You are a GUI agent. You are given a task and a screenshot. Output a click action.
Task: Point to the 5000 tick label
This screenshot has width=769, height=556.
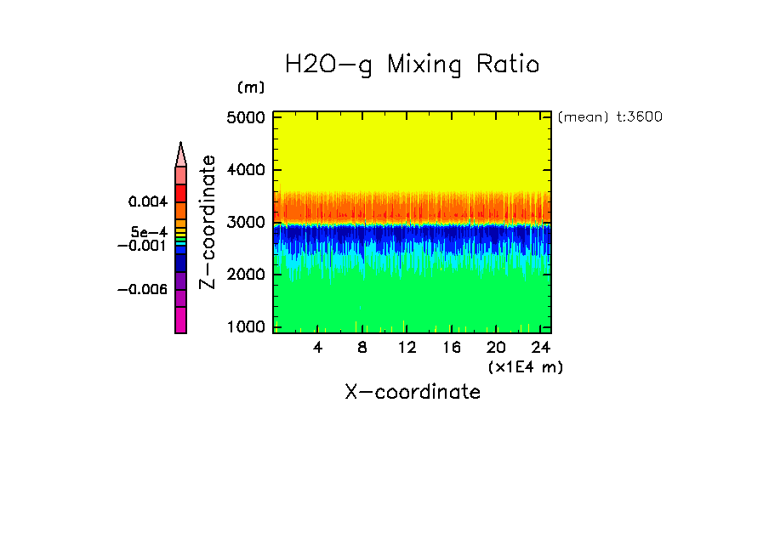[x=246, y=117]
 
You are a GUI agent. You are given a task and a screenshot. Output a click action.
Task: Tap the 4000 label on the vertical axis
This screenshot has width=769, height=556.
[x=246, y=170]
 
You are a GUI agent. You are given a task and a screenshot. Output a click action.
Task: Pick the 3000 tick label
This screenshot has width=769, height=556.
[x=246, y=223]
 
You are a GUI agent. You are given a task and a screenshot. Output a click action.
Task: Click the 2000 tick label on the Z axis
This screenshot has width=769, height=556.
[x=246, y=275]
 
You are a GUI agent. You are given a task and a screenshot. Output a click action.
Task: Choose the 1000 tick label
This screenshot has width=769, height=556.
[x=246, y=327]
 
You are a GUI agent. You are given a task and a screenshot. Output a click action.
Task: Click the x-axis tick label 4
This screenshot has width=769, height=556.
[x=318, y=348]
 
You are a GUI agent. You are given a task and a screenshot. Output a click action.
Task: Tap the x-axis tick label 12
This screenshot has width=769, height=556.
[x=407, y=348]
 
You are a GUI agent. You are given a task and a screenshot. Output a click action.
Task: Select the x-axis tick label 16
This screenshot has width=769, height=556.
[x=451, y=348]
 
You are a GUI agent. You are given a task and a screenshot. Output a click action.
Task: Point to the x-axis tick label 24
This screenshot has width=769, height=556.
[x=539, y=348]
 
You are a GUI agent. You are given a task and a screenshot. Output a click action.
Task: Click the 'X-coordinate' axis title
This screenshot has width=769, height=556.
[x=413, y=392]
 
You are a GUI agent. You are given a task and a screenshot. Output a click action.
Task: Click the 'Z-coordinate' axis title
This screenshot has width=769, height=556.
[x=207, y=222]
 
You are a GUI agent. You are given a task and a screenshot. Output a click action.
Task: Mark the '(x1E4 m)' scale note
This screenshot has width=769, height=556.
[x=526, y=366]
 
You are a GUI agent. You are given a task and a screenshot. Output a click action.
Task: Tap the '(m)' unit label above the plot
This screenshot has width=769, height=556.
[x=251, y=88]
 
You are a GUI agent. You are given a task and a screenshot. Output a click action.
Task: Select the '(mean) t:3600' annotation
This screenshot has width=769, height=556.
[x=610, y=117]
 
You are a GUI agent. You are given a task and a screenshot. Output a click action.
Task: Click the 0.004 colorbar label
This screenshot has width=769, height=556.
[x=147, y=202]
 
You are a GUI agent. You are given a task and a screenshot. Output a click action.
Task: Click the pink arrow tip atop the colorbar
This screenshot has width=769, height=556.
[x=180, y=154]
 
